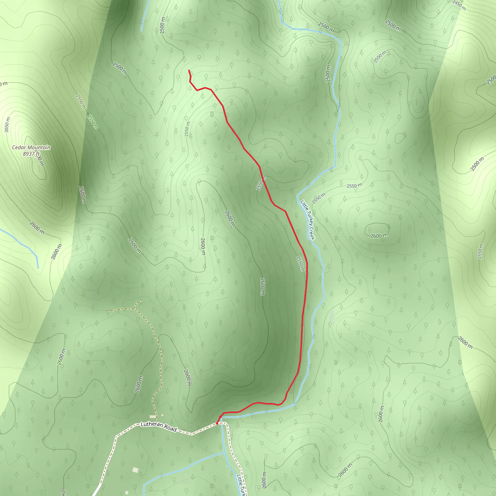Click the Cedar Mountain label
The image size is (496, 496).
(x=31, y=147)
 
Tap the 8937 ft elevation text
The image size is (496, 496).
(x=31, y=154)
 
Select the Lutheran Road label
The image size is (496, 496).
(x=159, y=427)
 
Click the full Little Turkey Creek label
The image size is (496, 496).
(x=307, y=220)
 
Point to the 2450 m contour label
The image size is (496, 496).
(x=459, y=5)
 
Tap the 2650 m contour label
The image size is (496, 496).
(x=7, y=125)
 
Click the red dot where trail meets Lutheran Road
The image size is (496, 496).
(x=217, y=423)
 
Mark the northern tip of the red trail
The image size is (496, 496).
(x=189, y=70)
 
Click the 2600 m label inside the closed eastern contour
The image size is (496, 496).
(x=379, y=235)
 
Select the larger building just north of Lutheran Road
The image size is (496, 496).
(x=153, y=416)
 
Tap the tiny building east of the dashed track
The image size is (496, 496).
(x=162, y=415)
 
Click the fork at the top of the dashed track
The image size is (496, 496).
(x=134, y=308)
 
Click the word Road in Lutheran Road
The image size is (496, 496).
(x=170, y=428)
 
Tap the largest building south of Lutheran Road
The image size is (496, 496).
(x=135, y=470)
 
